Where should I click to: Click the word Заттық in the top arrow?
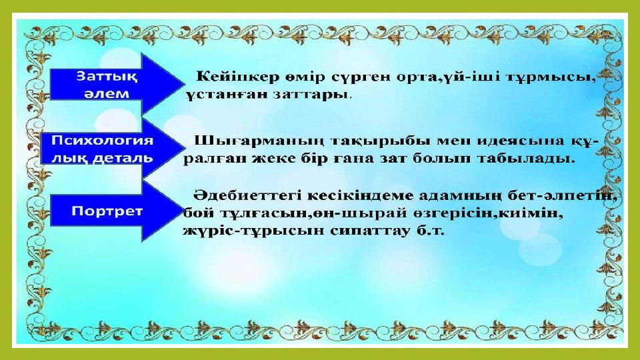point(107,77)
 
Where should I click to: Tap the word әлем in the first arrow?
point(107,93)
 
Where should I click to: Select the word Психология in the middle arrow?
point(102,141)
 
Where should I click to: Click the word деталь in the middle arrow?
point(124,157)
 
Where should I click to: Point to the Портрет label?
point(107,211)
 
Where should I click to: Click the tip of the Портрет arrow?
point(183,211)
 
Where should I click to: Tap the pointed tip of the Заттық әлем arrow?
point(185,85)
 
